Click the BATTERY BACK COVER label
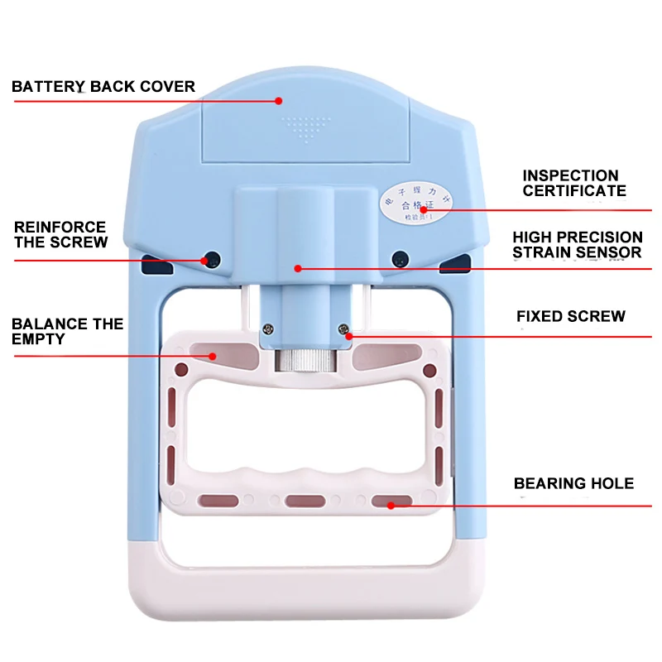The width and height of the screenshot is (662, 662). click(x=103, y=86)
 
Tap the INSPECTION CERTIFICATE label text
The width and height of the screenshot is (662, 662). click(x=574, y=183)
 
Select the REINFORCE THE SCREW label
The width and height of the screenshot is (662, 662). click(x=60, y=234)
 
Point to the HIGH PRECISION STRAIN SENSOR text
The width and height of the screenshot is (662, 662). click(x=577, y=245)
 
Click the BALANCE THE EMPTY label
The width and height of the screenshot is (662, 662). click(x=67, y=331)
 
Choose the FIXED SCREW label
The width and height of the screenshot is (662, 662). click(x=571, y=316)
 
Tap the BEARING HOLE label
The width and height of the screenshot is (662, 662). click(x=573, y=483)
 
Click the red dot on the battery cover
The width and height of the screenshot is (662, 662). click(x=279, y=101)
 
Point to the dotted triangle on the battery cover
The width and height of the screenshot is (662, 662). click(x=307, y=128)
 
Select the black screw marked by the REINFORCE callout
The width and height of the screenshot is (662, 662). click(x=213, y=259)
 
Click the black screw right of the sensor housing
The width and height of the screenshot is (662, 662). click(x=400, y=258)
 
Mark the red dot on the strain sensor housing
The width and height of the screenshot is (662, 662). click(x=298, y=267)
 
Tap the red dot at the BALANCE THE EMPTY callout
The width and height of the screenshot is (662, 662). click(x=213, y=356)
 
